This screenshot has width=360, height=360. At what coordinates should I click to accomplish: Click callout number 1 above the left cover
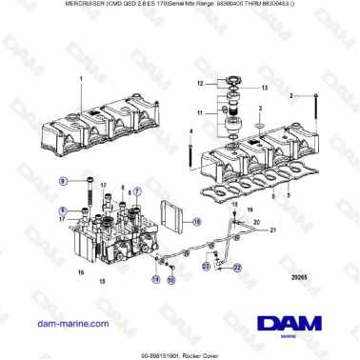click(x=81, y=79)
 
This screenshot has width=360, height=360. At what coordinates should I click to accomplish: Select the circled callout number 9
click(x=64, y=180)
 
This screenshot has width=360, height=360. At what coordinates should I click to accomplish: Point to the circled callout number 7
click(x=137, y=191)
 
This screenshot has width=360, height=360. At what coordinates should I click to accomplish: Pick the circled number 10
click(x=171, y=281)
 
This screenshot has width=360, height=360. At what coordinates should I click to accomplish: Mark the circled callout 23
click(x=206, y=269)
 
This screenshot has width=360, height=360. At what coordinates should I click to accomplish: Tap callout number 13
click(x=264, y=88)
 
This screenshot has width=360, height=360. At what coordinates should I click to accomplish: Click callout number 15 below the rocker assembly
click(x=103, y=282)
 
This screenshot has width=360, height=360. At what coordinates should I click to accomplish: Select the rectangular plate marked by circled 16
click(x=173, y=218)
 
